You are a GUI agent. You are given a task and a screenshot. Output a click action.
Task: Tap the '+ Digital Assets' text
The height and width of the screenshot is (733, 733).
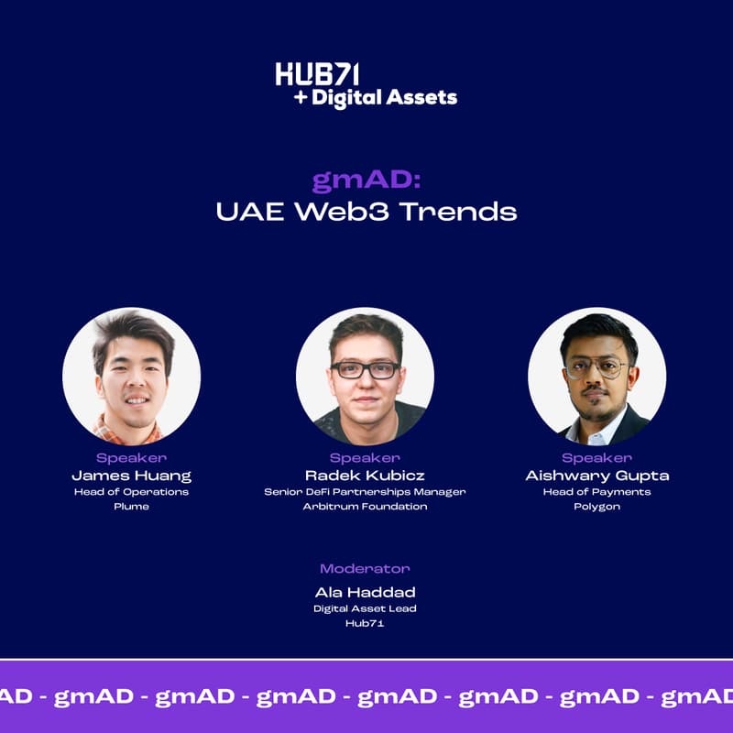[x=376, y=97]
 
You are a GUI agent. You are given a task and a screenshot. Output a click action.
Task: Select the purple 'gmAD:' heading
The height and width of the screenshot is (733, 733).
[x=366, y=181]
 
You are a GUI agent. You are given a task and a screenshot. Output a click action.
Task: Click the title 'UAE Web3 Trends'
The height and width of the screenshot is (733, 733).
[x=366, y=212]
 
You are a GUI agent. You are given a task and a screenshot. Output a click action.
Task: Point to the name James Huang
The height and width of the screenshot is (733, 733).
[x=131, y=476]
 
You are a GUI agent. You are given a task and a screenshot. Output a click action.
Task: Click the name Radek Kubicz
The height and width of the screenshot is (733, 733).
[x=365, y=476]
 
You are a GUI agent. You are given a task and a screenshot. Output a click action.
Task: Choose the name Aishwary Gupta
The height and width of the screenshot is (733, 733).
[x=596, y=476]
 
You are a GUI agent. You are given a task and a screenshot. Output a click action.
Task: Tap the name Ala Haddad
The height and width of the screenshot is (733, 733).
[x=365, y=592]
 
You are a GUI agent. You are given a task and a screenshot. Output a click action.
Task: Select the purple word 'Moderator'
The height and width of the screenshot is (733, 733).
[x=365, y=569]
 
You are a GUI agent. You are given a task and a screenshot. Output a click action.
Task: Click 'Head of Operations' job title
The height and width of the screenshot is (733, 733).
[x=131, y=491]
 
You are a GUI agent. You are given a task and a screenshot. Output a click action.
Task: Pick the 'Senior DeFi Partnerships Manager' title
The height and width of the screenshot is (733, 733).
[x=365, y=491]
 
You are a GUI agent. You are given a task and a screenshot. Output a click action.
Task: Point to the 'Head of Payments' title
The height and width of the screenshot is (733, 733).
[x=596, y=491]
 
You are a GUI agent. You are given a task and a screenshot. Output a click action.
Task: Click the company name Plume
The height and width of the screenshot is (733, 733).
[x=131, y=507]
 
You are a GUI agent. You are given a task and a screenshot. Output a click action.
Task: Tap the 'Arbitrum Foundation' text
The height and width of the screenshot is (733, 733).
[x=365, y=507]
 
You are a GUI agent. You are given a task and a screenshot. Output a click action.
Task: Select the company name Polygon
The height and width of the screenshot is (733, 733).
[x=596, y=507]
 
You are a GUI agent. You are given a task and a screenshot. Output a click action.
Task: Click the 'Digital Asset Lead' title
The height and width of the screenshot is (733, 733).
[x=365, y=607]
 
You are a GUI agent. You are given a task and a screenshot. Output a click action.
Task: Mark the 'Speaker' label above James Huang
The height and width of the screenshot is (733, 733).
[x=131, y=458]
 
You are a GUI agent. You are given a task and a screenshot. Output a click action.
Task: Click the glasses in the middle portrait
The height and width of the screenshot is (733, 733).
[x=365, y=369]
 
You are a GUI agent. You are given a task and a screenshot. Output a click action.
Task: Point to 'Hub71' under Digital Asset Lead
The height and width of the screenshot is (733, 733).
[x=365, y=623]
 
